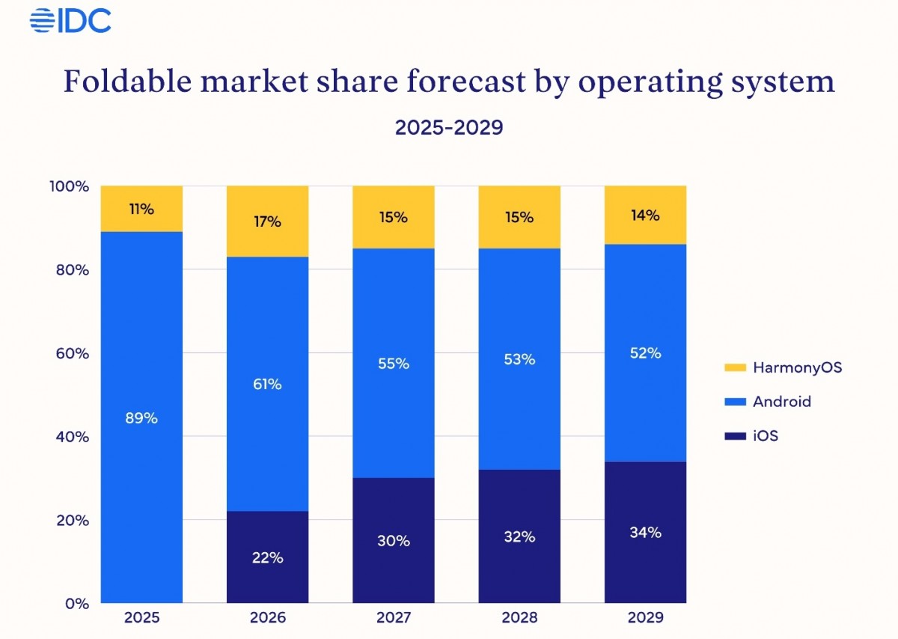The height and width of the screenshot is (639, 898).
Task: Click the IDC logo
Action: click(70, 20)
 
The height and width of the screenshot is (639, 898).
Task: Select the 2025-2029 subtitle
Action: click(449, 127)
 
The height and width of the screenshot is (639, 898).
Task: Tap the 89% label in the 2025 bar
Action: click(141, 418)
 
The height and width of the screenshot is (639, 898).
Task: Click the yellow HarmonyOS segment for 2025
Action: click(141, 209)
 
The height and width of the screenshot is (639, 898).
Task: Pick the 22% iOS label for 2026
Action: click(267, 557)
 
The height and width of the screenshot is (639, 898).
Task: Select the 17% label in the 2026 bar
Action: click(267, 221)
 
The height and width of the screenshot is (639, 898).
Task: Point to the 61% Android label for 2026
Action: click(267, 385)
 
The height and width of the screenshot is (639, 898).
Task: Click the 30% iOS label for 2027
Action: click(394, 540)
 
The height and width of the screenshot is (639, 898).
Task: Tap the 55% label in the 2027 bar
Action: click(394, 364)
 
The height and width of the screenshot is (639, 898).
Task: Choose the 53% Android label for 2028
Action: click(519, 359)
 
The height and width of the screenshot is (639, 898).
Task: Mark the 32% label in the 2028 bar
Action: click(519, 536)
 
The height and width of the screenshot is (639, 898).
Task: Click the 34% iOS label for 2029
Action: click(645, 533)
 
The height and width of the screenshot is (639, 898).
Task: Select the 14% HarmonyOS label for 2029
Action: click(645, 215)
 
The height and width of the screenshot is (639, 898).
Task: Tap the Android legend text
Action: click(782, 402)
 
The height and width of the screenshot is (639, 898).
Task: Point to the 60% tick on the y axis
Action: click(73, 353)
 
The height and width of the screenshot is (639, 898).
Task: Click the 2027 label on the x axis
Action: click(394, 619)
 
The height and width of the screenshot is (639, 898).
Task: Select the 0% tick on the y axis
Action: click(77, 603)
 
